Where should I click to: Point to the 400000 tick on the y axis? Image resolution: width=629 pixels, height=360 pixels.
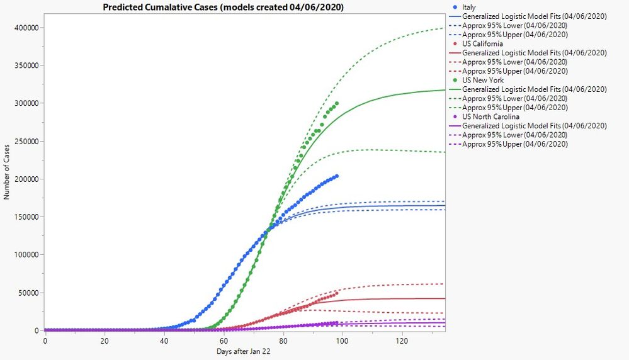tap(27, 28)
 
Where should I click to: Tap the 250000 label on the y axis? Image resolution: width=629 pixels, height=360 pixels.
tap(27, 141)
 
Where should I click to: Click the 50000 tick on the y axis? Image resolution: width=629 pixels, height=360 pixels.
tap(29, 293)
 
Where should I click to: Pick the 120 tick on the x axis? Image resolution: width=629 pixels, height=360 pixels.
tap(400, 340)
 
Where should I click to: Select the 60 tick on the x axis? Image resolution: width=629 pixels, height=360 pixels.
tap(222, 340)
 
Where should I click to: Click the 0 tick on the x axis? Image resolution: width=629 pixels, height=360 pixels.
tap(45, 340)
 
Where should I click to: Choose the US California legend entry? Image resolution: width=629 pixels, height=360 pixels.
tap(482, 43)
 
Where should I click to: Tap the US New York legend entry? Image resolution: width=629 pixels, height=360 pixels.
tap(482, 80)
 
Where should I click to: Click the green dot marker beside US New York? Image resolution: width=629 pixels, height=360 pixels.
tap(455, 80)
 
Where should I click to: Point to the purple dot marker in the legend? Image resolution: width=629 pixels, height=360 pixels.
tap(455, 116)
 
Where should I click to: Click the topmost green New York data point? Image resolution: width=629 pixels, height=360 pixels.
tap(337, 103)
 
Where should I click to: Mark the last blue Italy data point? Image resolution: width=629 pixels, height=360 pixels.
tap(337, 176)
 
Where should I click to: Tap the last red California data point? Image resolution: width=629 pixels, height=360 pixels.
tap(337, 293)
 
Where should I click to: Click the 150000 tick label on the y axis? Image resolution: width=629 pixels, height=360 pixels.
tap(27, 217)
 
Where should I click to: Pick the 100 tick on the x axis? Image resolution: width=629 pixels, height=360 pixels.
tap(341, 340)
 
